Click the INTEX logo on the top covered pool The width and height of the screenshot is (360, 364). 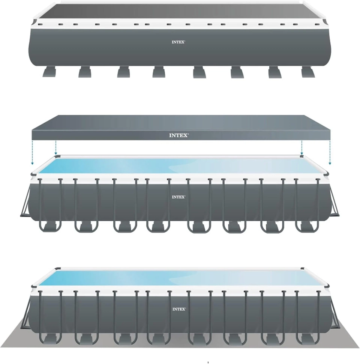click(178, 42)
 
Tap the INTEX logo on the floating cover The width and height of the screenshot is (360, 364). click(179, 135)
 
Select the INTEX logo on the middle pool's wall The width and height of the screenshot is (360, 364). click(178, 197)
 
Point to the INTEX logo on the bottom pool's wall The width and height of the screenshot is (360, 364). click(179, 309)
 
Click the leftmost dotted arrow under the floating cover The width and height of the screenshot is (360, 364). click(33, 152)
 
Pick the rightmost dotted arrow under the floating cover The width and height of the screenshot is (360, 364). click(330, 152)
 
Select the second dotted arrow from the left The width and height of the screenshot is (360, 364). click(55, 147)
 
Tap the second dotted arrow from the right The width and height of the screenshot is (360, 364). click(301, 147)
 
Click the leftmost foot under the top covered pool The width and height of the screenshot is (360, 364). click(49, 72)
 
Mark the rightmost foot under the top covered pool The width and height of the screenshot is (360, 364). click(308, 72)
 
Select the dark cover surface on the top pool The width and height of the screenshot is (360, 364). click(178, 11)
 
